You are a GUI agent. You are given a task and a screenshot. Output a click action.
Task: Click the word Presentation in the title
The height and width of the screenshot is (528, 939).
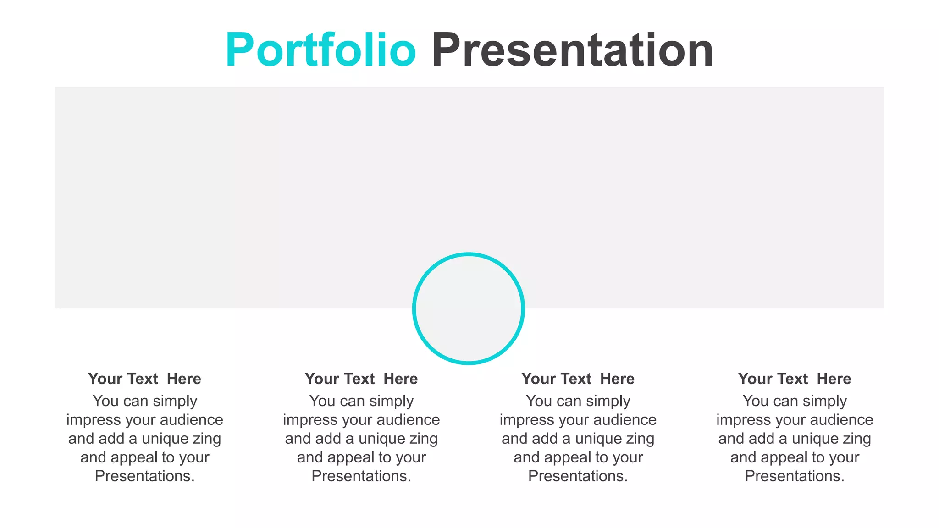[x=572, y=50]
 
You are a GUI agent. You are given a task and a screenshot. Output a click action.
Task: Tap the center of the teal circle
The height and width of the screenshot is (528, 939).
[x=468, y=308]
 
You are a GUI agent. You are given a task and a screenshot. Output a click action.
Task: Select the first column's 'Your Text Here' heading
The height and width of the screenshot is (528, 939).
[x=144, y=379]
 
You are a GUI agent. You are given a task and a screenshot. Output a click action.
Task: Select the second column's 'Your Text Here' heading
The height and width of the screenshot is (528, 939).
[x=361, y=379]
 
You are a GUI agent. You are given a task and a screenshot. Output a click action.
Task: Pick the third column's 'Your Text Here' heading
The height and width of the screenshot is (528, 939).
[x=578, y=379]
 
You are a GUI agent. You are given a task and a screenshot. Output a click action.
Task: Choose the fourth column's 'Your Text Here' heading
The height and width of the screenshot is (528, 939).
[x=795, y=379]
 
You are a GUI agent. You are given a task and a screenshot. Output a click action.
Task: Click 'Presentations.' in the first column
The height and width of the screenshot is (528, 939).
[x=144, y=476]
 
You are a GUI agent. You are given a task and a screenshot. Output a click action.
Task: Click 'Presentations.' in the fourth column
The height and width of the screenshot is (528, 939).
[x=795, y=476]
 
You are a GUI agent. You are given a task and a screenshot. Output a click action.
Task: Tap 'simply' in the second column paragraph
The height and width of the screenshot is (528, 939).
[x=391, y=401]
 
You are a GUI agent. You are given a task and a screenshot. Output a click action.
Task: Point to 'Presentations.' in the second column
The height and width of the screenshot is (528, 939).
[x=361, y=476]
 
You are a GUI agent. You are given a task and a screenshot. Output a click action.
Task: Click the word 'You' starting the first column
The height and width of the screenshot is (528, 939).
[x=105, y=401]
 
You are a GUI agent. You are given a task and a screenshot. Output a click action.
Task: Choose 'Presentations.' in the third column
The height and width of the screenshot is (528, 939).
[x=578, y=476]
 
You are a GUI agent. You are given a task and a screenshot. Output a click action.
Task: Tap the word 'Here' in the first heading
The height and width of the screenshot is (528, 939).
[x=184, y=379]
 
